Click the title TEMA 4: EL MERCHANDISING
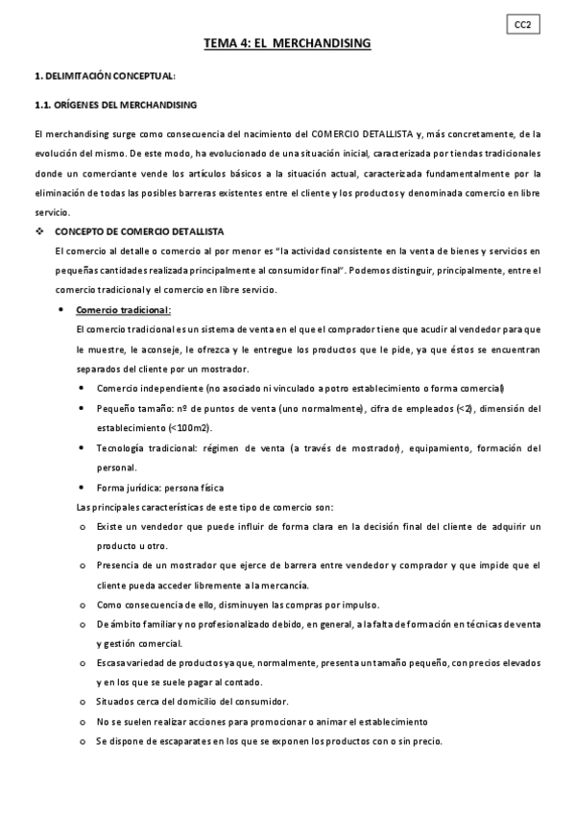tap(287, 44)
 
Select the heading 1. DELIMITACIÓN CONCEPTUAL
tap(105, 75)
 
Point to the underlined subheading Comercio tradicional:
tap(123, 309)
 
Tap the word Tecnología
tap(123, 448)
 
